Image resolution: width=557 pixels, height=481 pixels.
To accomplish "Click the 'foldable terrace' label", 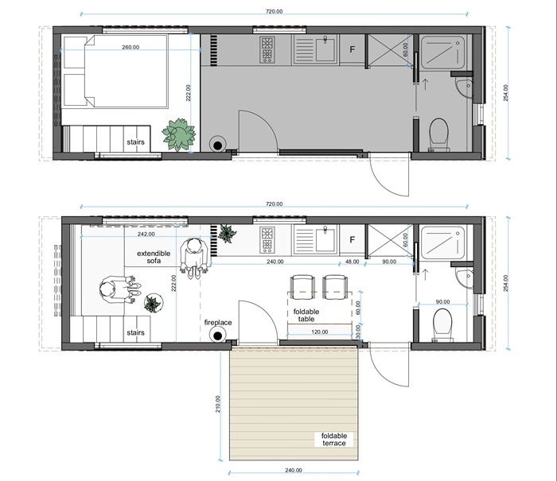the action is [333, 440].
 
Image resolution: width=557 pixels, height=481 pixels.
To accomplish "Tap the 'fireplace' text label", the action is [218, 323].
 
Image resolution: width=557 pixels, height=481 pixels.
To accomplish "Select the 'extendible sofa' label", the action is [154, 257].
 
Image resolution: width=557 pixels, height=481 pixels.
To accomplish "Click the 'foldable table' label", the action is [306, 315].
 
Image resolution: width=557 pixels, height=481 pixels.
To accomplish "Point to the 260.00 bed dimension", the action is [130, 47].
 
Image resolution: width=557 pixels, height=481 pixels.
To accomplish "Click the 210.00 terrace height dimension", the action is [218, 404].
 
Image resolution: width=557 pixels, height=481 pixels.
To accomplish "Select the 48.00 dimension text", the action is [352, 262].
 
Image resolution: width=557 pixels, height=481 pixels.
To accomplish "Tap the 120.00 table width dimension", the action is [320, 332].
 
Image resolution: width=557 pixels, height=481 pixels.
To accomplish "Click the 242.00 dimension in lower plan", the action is [146, 235].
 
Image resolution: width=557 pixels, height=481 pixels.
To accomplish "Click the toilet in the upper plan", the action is [438, 134].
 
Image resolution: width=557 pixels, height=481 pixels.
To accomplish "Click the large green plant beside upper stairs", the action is [179, 134].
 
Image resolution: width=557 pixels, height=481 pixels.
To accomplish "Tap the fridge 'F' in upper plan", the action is [352, 49].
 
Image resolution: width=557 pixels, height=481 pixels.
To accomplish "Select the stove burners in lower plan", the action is [267, 240].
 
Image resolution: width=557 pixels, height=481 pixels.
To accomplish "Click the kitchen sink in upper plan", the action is [325, 50].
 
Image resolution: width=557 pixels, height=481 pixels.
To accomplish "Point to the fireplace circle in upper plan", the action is [217, 145].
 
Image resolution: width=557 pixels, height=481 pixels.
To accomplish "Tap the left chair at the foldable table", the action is [302, 287].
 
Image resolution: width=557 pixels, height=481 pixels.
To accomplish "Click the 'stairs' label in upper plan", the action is [136, 142].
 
